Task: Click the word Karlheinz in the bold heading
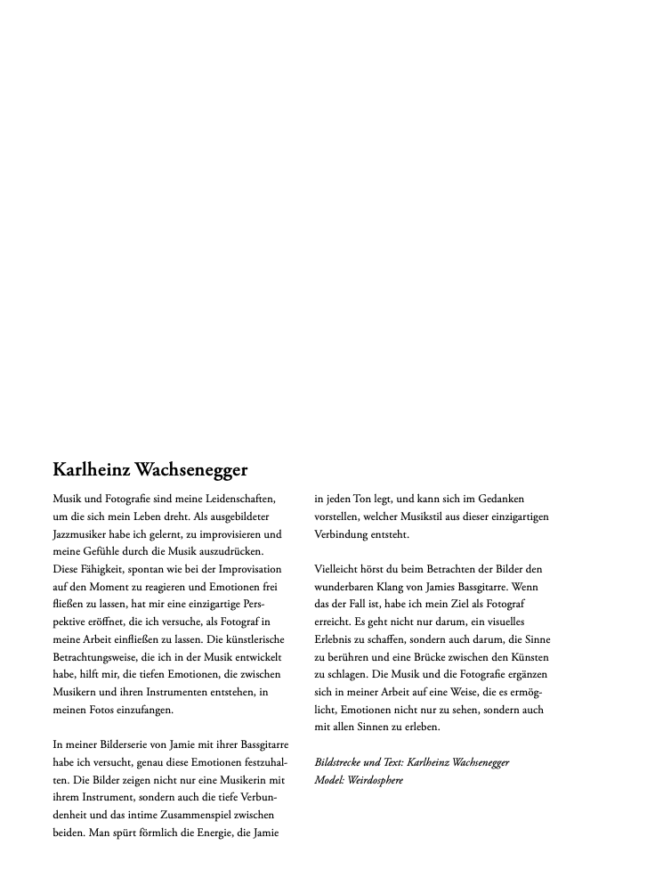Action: pos(91,469)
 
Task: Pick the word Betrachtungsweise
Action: pos(98,656)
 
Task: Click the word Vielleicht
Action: pos(338,569)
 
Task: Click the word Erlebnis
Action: pos(335,639)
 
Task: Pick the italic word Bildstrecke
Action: pos(340,762)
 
